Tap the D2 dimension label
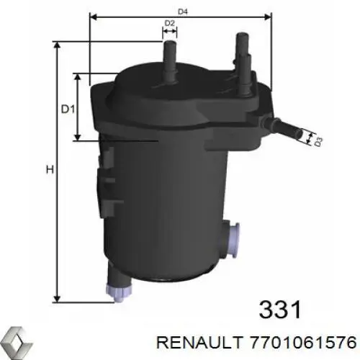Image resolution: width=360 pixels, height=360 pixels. point(170,24)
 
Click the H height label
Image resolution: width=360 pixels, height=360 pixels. point(49,170)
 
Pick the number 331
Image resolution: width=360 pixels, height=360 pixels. point(279,291)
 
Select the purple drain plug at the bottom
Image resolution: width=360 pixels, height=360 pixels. point(114,290)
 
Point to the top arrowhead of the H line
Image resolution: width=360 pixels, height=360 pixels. point(58,45)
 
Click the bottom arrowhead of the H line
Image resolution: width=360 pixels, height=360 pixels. point(58,297)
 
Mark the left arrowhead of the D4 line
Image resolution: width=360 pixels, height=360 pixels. point(92,14)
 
